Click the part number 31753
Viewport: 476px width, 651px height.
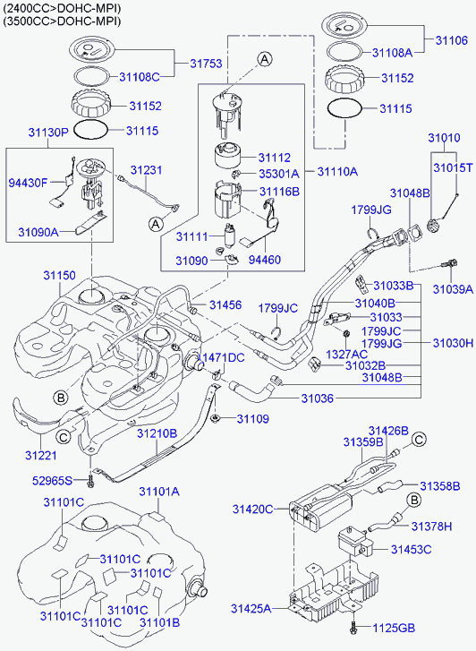pyautogui.click(x=206, y=64)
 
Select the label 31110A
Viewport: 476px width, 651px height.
pyautogui.click(x=337, y=171)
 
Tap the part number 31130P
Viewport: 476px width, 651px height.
pyautogui.click(x=48, y=133)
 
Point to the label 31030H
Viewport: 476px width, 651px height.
pyautogui.click(x=453, y=343)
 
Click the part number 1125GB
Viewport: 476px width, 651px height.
pyautogui.click(x=393, y=628)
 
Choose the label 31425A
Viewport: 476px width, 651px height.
pyautogui.click(x=251, y=609)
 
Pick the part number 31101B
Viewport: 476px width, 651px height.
pyautogui.click(x=159, y=622)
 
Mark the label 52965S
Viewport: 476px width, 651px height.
pyautogui.click(x=52, y=481)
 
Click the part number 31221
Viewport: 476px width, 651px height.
pyautogui.click(x=40, y=456)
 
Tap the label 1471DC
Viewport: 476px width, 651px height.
pyautogui.click(x=223, y=357)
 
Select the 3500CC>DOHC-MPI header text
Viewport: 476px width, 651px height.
pyautogui.click(x=63, y=21)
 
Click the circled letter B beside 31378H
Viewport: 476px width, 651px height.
pyautogui.click(x=413, y=500)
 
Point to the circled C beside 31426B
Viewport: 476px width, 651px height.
pyautogui.click(x=419, y=440)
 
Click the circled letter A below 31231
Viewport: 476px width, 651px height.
pyautogui.click(x=156, y=224)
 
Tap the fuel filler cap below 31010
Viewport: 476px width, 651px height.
pyautogui.click(x=434, y=227)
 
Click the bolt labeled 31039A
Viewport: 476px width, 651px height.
pyautogui.click(x=450, y=263)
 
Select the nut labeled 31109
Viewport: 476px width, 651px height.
pyautogui.click(x=216, y=418)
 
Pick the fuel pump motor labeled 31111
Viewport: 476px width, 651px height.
pyautogui.click(x=229, y=235)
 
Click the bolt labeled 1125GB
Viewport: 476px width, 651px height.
pyautogui.click(x=353, y=628)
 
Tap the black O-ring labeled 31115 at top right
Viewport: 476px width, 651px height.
pyautogui.click(x=344, y=108)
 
